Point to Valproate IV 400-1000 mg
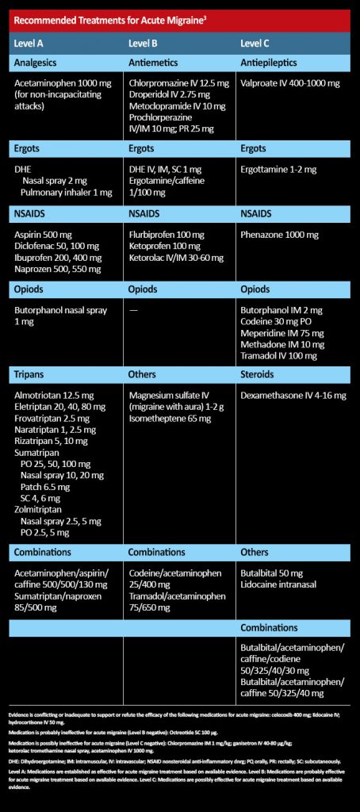[x=289, y=83]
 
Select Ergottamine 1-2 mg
[x=277, y=170]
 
